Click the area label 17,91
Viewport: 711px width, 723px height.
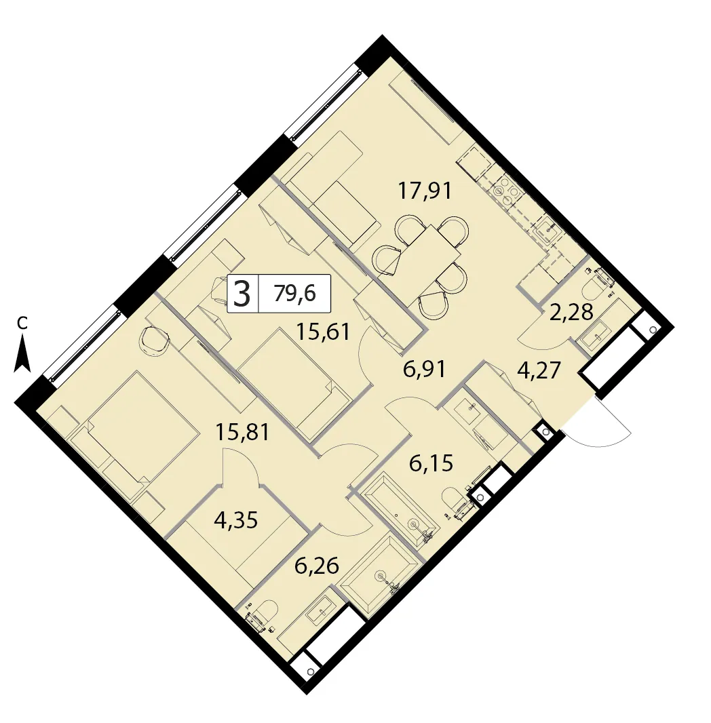point(424,191)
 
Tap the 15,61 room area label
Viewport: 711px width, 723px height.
point(322,332)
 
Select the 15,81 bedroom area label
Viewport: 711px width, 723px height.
point(242,432)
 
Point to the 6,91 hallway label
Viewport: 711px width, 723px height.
point(424,370)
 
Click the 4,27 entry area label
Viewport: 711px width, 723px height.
point(539,370)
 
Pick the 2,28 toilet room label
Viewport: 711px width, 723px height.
point(571,312)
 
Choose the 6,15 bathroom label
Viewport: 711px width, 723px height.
point(431,463)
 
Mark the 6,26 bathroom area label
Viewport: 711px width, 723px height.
point(317,566)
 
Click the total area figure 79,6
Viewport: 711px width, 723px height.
point(294,293)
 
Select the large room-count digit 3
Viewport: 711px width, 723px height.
point(242,294)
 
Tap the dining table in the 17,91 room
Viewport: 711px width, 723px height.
point(429,254)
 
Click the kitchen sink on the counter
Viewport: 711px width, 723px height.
point(549,229)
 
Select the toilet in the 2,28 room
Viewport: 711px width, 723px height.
point(596,284)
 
